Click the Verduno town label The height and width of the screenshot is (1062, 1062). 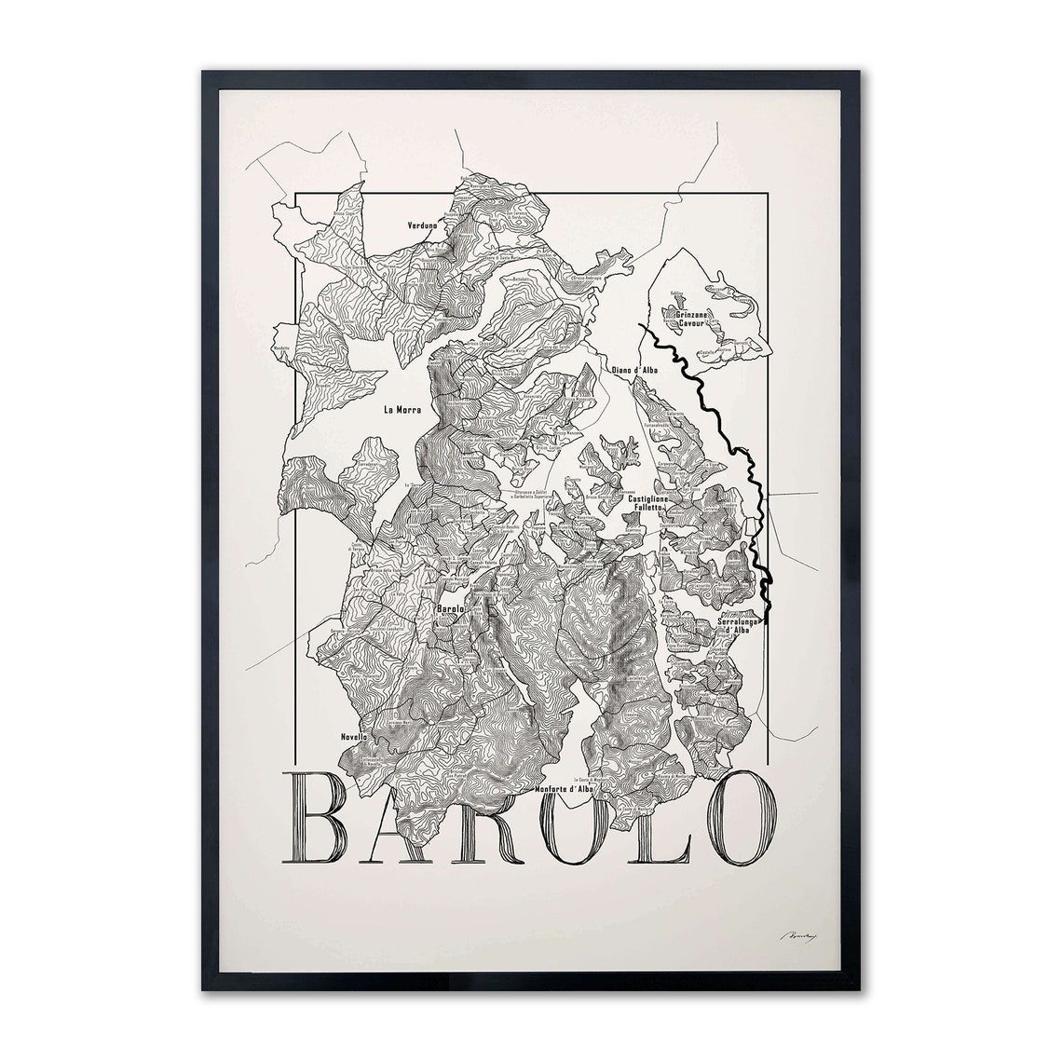click(422, 225)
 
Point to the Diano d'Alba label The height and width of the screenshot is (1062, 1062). click(634, 370)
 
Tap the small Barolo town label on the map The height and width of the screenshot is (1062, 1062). click(450, 609)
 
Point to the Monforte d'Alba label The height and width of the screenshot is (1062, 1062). click(565, 790)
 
